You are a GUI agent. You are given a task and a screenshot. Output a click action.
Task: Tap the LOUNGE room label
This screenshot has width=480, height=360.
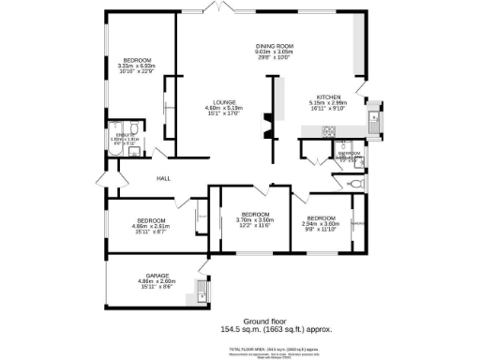pos(223,102)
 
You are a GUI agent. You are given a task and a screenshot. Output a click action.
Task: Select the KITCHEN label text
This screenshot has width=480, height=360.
pos(327,97)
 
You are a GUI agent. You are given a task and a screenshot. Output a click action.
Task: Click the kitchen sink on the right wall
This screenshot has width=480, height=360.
pos(373,118)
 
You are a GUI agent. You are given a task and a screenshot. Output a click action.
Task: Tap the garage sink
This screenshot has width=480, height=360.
pos(202,296)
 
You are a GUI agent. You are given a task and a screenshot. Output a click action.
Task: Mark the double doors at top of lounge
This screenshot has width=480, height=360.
pos(218,9)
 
